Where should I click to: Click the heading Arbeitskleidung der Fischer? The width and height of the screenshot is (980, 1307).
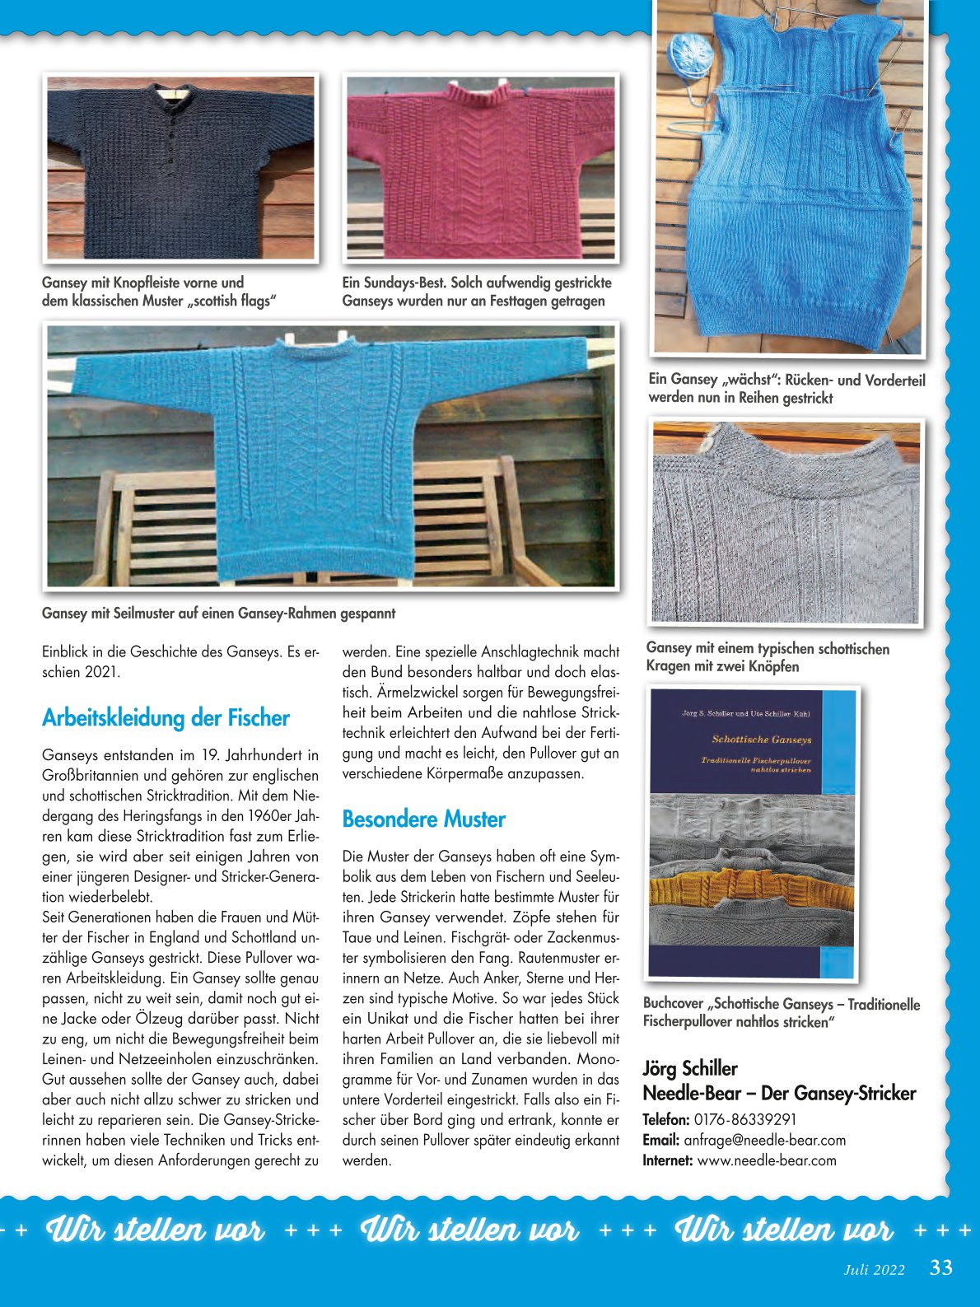pyautogui.click(x=166, y=718)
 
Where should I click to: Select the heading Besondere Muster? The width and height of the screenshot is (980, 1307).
pyautogui.click(x=423, y=819)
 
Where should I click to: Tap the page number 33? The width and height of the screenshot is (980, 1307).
pyautogui.click(x=940, y=1267)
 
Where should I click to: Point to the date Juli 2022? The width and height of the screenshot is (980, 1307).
pyautogui.click(x=874, y=1270)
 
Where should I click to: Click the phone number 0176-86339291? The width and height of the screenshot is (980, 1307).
pyautogui.click(x=744, y=1120)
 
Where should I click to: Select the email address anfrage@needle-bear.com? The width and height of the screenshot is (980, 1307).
pyautogui.click(x=764, y=1141)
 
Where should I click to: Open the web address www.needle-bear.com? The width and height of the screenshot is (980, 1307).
pyautogui.click(x=766, y=1160)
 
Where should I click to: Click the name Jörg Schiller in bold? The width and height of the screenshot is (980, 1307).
pyautogui.click(x=689, y=1069)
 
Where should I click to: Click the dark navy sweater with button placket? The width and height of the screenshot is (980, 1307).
pyautogui.click(x=180, y=173)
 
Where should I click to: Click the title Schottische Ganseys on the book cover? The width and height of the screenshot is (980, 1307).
pyautogui.click(x=761, y=740)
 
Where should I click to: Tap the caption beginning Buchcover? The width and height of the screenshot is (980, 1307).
pyautogui.click(x=781, y=1013)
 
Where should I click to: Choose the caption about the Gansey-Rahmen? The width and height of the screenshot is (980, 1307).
pyautogui.click(x=218, y=614)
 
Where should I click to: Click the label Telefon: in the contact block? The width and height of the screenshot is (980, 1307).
pyautogui.click(x=665, y=1120)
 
